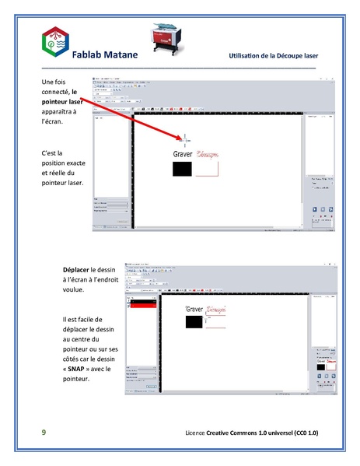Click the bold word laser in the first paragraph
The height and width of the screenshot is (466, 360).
[75, 102]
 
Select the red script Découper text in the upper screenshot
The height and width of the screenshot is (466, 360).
[208, 154]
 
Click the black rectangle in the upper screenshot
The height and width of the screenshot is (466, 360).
[183, 168]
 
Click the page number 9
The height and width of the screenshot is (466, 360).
[44, 432]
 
